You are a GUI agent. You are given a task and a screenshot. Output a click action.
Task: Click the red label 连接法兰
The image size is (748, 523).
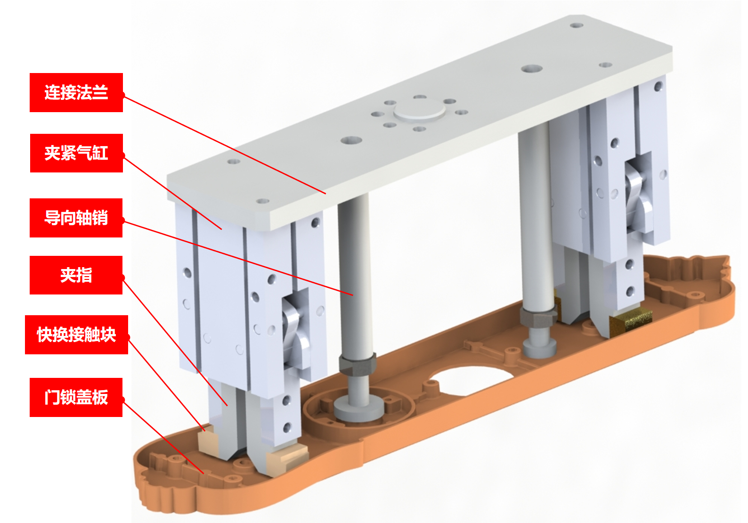(76, 92)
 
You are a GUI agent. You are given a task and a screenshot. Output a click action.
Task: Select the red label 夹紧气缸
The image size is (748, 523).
(76, 153)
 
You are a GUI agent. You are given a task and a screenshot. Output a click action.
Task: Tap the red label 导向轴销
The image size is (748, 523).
(76, 218)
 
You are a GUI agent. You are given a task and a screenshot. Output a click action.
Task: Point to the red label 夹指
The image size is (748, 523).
(76, 275)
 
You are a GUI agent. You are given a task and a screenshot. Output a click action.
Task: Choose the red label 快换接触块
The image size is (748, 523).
(76, 335)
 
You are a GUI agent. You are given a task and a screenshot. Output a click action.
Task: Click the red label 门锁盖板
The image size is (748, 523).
(76, 397)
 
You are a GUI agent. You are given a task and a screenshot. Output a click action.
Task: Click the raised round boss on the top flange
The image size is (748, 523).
(420, 111)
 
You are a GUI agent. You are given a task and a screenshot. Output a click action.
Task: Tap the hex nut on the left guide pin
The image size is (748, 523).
(358, 366)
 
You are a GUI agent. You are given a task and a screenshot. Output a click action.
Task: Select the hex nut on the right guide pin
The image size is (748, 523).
(539, 317)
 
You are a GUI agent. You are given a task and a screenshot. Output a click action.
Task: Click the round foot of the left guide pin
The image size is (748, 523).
(358, 409)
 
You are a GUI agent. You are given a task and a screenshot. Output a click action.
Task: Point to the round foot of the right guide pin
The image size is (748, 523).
(539, 348)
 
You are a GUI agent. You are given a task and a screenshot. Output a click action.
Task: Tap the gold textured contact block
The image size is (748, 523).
(630, 320)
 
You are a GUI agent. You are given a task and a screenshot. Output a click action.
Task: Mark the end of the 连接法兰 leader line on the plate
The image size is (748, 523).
(325, 194)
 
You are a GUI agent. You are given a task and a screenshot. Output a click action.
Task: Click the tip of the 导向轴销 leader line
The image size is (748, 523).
(353, 295)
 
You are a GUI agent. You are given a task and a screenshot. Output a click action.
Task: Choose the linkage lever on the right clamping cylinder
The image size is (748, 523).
(638, 194)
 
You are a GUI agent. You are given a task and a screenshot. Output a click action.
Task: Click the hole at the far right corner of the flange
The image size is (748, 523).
(577, 25)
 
